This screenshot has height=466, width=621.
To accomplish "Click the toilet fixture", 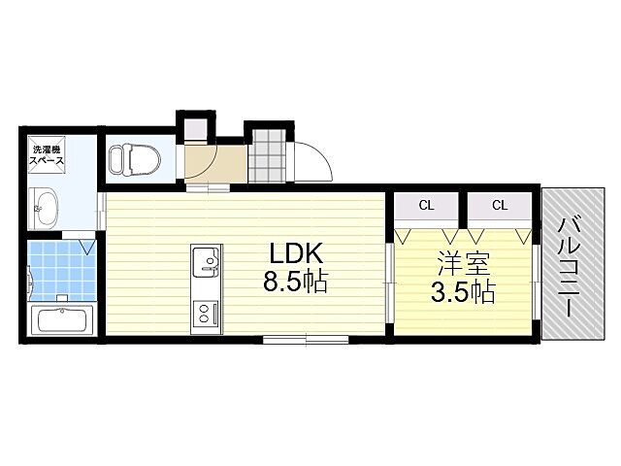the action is point(134,159).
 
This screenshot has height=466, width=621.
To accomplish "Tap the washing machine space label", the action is point(48,155).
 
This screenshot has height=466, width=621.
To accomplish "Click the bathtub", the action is point(62,319).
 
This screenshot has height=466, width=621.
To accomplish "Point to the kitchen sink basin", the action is point(206,261).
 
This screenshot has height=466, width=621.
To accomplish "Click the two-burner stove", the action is point(206,314).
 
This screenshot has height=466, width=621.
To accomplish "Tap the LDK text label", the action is point(297,252).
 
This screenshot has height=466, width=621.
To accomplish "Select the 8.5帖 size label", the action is point(295,283).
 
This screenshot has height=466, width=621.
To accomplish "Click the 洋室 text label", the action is point(464,263).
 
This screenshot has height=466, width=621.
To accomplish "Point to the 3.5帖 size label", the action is point(463,292).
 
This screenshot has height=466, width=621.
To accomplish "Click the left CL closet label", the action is point(426,205).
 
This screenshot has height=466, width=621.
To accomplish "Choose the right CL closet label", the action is point(500,205).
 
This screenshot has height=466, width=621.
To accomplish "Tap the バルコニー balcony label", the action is point(570,268).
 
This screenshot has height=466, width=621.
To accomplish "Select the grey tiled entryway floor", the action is point(269,155).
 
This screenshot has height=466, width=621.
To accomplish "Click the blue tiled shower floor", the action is point(62,270).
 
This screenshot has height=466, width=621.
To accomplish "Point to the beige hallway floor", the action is point(216,163).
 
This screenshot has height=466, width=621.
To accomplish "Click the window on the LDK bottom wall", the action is point(306,339).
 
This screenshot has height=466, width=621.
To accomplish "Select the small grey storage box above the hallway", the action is point(196,129).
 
